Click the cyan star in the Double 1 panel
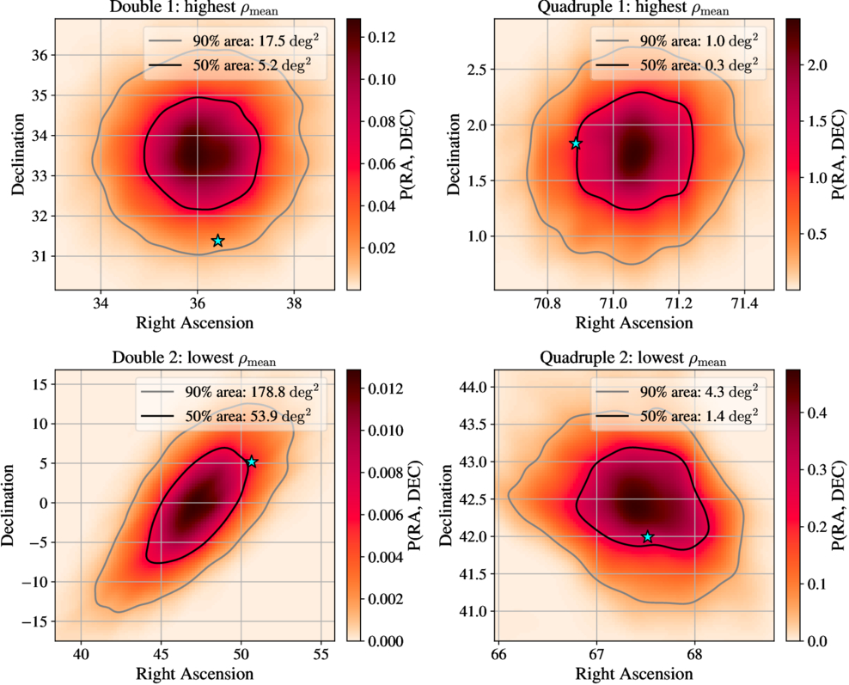tap(218, 241)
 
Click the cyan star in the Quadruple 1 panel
tap(576, 144)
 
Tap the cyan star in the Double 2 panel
tap(252, 462)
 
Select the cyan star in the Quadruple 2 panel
tap(648, 537)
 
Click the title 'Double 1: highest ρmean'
tap(195, 9)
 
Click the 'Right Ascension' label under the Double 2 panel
tap(195, 671)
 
